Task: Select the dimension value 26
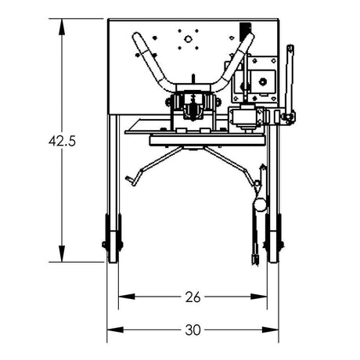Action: [x=193, y=297]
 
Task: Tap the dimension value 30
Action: [x=193, y=329]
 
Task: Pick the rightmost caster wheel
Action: [x=272, y=240]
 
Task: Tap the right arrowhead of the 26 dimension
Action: [x=262, y=297]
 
